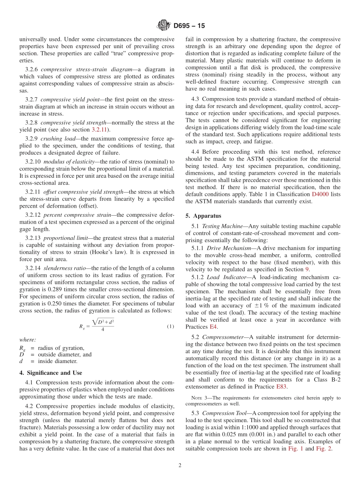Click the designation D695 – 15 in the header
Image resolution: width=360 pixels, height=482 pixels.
coord(189,26)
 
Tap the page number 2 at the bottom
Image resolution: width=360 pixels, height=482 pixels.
coord(180,465)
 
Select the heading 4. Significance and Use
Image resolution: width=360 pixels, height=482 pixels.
coord(51,373)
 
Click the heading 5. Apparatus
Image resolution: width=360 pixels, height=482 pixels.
coord(203,216)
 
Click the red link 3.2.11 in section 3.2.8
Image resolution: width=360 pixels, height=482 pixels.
coord(100,130)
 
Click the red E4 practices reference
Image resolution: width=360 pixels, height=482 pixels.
coord(214,327)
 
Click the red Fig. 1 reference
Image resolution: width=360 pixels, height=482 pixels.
coord(296,449)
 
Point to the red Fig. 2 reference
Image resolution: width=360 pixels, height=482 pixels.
coord(324,449)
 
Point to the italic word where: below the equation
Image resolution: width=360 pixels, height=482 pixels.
coord(28,340)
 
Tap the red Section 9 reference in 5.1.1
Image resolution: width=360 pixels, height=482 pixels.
coord(307,269)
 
